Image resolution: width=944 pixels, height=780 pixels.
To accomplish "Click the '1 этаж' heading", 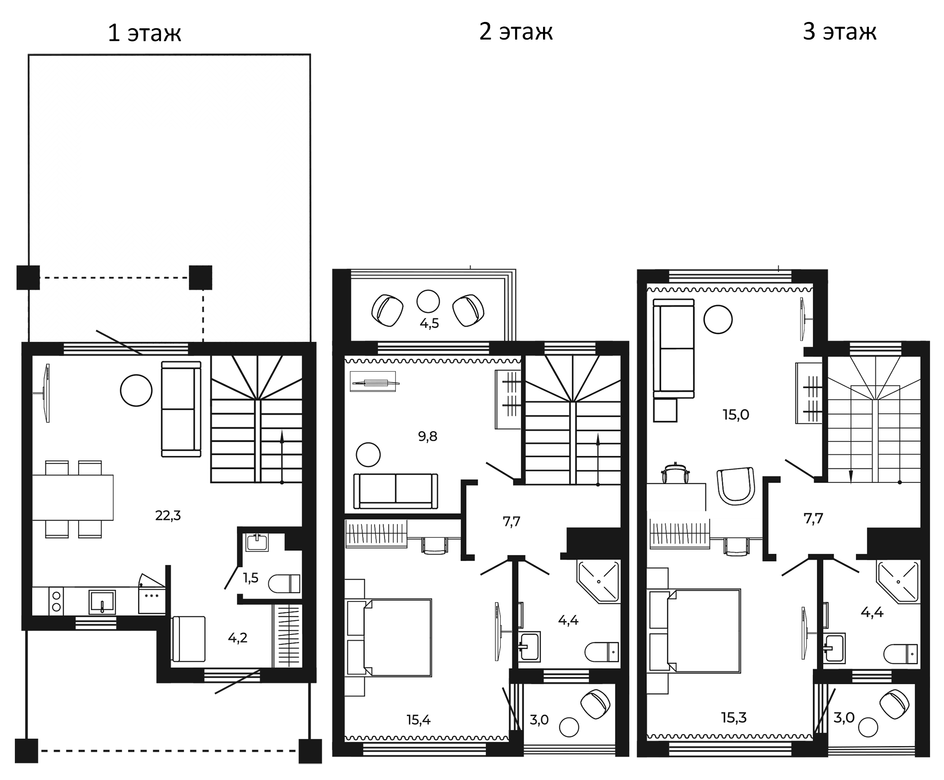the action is click(x=144, y=33).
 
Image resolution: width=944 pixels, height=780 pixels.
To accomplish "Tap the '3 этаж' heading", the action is click(x=839, y=32).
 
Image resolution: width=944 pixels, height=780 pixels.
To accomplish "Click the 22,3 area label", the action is click(x=168, y=516).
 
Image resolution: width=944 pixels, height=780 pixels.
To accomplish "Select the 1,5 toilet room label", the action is click(x=251, y=577).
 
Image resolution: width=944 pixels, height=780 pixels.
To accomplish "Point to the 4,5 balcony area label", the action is click(x=429, y=324).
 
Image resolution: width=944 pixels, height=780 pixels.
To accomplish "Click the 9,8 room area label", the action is click(x=427, y=436).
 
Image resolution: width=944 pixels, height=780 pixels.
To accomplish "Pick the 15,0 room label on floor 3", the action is click(x=736, y=415).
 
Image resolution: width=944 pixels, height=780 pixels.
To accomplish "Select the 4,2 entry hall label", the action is click(x=237, y=638).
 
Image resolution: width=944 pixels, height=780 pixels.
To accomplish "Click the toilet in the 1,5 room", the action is click(x=285, y=584).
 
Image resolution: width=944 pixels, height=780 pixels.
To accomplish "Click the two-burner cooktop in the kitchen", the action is click(x=57, y=601).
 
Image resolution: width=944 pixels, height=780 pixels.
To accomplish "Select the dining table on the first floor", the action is click(x=73, y=498).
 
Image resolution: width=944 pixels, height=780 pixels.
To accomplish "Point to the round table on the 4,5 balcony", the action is click(x=428, y=301).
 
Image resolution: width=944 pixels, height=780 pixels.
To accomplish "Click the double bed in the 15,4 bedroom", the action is click(x=397, y=638).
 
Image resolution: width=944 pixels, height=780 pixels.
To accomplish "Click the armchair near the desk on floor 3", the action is click(x=735, y=486).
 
